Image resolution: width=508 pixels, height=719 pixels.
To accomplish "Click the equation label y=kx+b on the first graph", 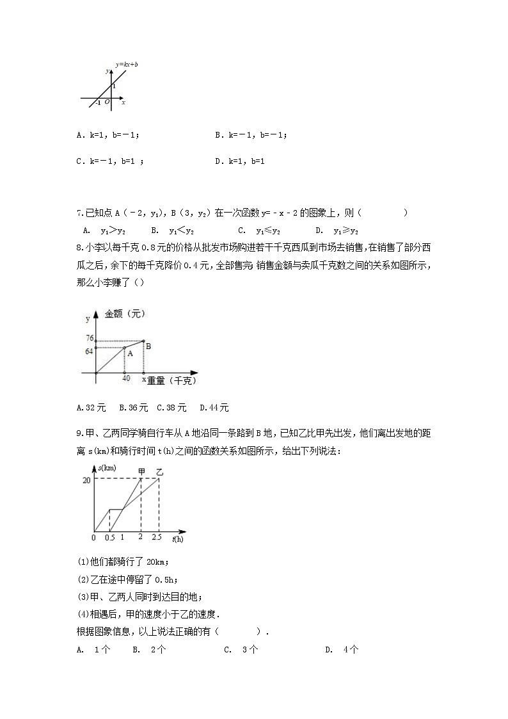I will (x=127, y=65).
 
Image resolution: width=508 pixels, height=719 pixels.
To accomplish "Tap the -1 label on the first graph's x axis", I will (x=98, y=102).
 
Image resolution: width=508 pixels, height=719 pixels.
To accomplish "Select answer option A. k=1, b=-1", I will (x=107, y=135).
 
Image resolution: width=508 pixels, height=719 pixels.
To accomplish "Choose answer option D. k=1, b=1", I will (x=240, y=161).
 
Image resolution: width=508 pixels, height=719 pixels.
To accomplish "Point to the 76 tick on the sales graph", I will (x=89, y=338).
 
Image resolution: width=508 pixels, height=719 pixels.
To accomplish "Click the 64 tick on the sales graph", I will (x=89, y=351).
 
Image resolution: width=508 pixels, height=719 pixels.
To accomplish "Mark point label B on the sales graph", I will (x=148, y=346).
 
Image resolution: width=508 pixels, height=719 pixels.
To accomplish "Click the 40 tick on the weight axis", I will (x=126, y=378).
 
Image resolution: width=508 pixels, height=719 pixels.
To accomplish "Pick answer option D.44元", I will (x=214, y=407).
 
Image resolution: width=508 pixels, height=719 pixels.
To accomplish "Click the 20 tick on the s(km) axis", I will (x=86, y=480).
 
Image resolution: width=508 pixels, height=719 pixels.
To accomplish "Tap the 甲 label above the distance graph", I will (x=142, y=472).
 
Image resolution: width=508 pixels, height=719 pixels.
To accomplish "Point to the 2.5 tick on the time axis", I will (x=157, y=537).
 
